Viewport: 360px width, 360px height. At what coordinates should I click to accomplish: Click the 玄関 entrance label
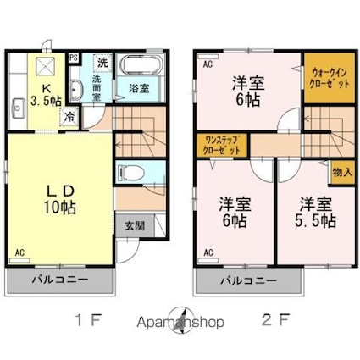134,225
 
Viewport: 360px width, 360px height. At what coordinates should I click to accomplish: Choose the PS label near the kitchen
74,58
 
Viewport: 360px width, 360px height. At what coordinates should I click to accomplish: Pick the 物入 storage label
341,172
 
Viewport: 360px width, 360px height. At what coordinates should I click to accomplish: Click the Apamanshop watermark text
180,323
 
